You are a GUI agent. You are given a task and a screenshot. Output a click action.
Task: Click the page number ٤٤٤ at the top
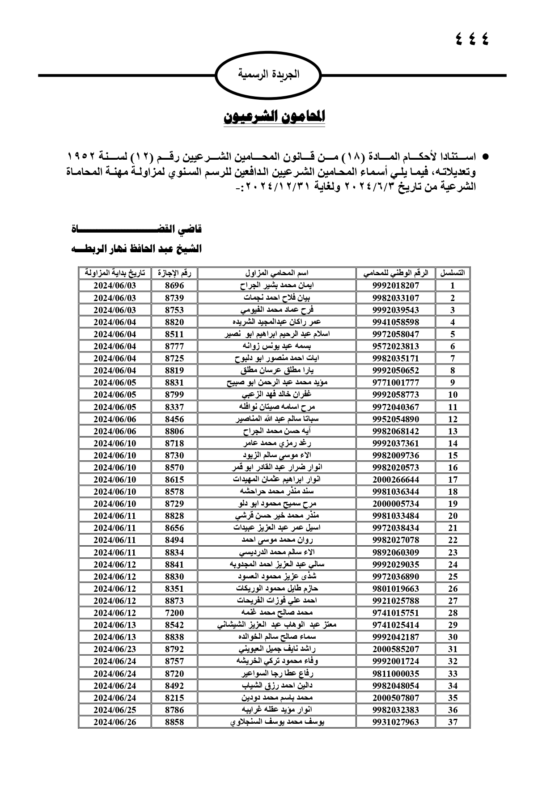click(x=472, y=39)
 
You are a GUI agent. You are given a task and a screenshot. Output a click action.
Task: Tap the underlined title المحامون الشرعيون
click(x=274, y=117)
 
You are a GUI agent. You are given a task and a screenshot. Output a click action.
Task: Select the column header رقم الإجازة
click(x=174, y=273)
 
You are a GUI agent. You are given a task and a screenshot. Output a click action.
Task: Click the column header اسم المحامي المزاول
click(x=277, y=273)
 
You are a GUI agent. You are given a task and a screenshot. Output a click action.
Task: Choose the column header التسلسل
click(x=453, y=273)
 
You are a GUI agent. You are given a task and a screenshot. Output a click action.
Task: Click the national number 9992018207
click(x=395, y=285)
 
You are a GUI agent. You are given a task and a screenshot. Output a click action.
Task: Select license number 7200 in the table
click(x=174, y=613)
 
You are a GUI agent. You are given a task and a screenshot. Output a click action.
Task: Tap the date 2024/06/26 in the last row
click(x=114, y=721)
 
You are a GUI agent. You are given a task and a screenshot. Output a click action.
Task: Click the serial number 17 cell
click(x=453, y=479)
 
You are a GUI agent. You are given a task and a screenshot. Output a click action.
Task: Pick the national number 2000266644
click(x=395, y=479)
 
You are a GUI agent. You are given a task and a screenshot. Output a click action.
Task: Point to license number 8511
click(x=174, y=334)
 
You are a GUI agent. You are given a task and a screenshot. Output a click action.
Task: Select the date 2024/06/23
click(x=114, y=649)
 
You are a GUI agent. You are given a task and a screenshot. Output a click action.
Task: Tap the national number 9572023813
click(x=395, y=346)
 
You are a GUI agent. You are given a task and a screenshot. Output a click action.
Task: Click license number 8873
click(x=174, y=601)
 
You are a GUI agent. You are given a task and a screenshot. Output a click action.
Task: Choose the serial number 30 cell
click(x=453, y=637)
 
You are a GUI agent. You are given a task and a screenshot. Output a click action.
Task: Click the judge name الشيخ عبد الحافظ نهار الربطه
click(x=137, y=249)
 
